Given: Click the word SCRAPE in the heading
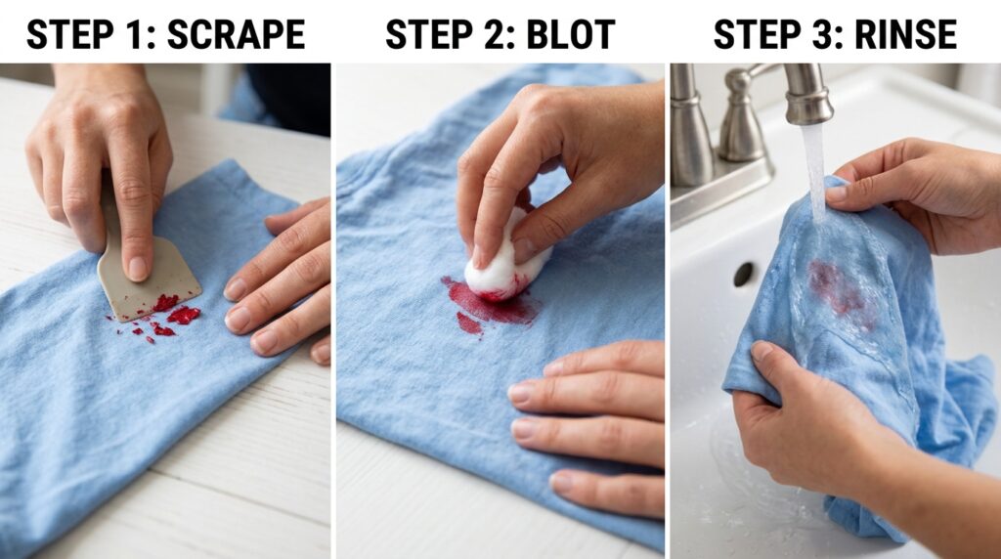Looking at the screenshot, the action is click(236, 34).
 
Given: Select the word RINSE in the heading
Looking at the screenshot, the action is click(905, 34).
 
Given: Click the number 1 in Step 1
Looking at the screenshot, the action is click(139, 34).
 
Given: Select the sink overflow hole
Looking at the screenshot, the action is click(744, 275).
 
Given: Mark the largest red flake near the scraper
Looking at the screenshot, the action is click(184, 315).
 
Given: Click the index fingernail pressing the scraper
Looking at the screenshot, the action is click(137, 268).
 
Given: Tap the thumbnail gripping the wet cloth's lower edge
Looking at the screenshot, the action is click(761, 351).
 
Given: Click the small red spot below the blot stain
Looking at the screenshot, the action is click(469, 322).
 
